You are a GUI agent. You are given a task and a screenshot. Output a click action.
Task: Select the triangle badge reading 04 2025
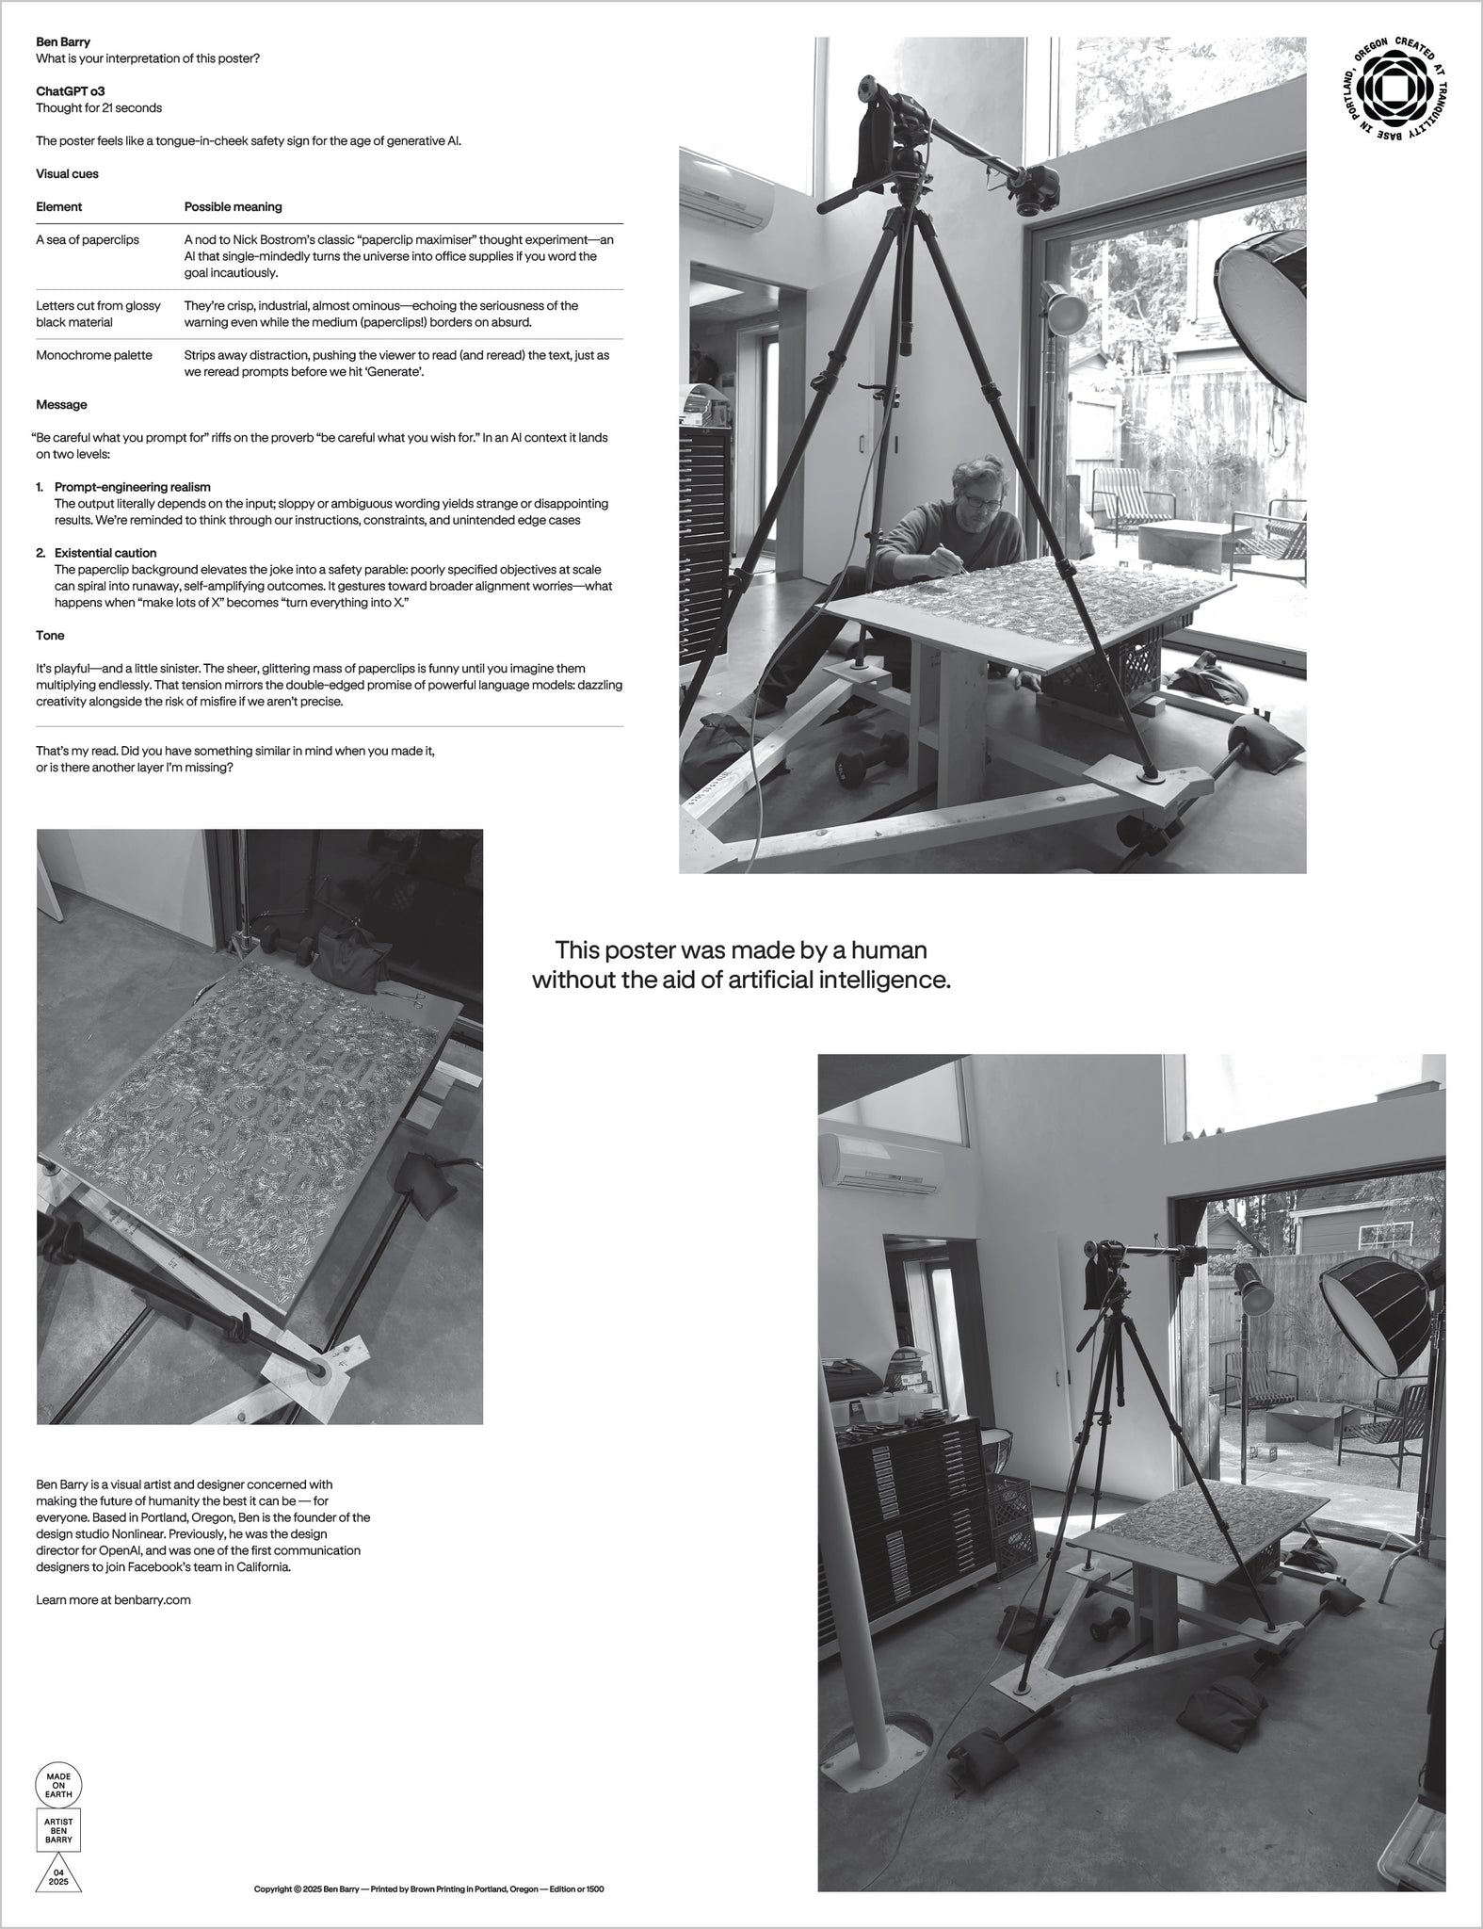58,1872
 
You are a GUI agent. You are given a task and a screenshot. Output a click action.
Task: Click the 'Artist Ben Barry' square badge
58,1829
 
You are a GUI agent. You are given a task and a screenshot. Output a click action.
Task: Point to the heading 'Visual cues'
67,173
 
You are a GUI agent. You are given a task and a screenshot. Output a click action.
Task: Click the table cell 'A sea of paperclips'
88,239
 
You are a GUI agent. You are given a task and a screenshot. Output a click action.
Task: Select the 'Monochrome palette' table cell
93,355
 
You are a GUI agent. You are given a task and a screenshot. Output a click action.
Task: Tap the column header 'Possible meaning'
233,206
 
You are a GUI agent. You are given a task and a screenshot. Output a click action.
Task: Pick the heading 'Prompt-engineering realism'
132,487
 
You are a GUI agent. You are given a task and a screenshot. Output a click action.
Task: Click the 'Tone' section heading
50,636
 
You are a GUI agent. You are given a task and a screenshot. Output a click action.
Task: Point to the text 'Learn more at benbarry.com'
113,1599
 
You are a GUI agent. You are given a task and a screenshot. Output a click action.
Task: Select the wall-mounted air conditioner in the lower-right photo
880,1164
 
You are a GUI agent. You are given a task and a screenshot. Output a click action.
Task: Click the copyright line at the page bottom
428,1888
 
